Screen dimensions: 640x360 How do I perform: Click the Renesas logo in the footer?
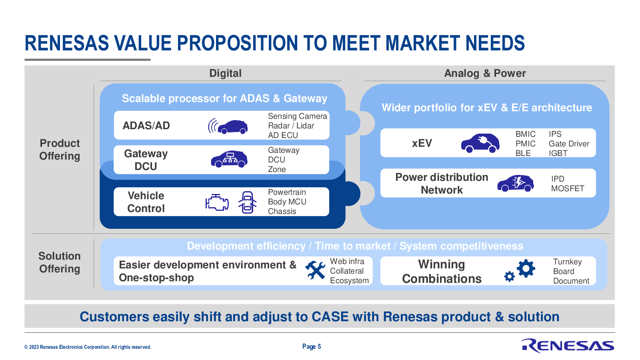point(568,346)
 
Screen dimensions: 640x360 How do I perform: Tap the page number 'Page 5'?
point(312,346)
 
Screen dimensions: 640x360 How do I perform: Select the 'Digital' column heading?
point(225,73)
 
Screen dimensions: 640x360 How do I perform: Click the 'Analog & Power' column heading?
point(485,73)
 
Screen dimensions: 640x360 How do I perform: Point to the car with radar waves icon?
point(228,126)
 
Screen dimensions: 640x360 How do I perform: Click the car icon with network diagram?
point(229,159)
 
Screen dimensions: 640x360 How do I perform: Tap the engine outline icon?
point(217,202)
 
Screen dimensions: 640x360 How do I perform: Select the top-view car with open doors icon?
point(247,202)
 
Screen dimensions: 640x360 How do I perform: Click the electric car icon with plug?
point(480,143)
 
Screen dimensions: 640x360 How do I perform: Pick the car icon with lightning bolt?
point(516,183)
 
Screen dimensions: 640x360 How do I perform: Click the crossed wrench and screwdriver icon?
point(315,270)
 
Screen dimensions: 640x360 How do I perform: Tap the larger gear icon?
point(526,268)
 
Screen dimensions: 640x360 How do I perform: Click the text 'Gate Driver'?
point(569,144)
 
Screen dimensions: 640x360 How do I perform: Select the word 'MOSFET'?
point(568,188)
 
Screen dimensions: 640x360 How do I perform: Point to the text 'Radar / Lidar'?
point(291,126)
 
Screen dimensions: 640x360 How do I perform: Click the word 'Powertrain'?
point(287,192)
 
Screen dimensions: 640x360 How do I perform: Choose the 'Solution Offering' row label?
point(60,262)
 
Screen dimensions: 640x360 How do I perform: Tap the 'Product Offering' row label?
point(60,150)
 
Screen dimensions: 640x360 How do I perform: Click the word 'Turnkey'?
point(567,262)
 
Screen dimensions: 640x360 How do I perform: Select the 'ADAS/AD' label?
point(146,126)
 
